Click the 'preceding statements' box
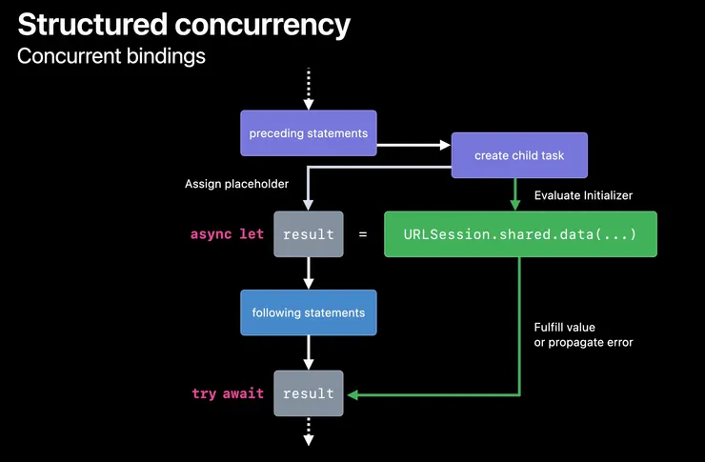[x=308, y=133]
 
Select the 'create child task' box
[x=518, y=153]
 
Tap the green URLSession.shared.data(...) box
[x=520, y=234]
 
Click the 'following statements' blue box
[x=308, y=312]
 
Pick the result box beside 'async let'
[x=308, y=234]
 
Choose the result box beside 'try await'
[x=308, y=393]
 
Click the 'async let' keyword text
[x=227, y=234]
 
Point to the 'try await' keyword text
[x=228, y=393]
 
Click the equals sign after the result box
[x=362, y=234]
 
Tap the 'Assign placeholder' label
[x=236, y=183]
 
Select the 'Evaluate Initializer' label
[x=583, y=195]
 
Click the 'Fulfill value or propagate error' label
[x=583, y=334]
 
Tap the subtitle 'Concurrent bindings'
[x=111, y=56]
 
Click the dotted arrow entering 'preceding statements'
[x=308, y=89]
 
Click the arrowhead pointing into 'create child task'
[x=444, y=145]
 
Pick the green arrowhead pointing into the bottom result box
[x=351, y=393]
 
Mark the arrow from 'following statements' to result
[x=308, y=354]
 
